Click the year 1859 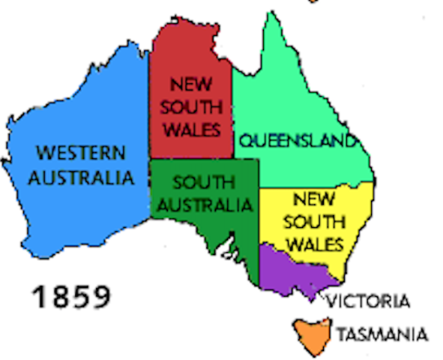point(71,295)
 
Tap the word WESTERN point(82,154)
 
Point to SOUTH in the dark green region point(203,182)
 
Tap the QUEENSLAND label point(295,140)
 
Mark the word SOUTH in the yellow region point(314,222)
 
